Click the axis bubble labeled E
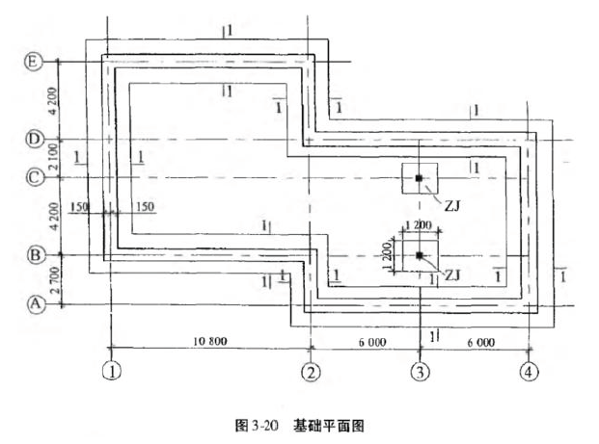pyautogui.click(x=34, y=62)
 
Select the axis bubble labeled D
pyautogui.click(x=34, y=140)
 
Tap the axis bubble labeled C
pyautogui.click(x=34, y=177)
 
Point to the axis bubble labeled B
pyautogui.click(x=34, y=255)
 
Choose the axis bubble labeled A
pyautogui.click(x=34, y=304)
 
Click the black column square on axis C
pyautogui.click(x=419, y=179)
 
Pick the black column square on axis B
pyautogui.click(x=420, y=255)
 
